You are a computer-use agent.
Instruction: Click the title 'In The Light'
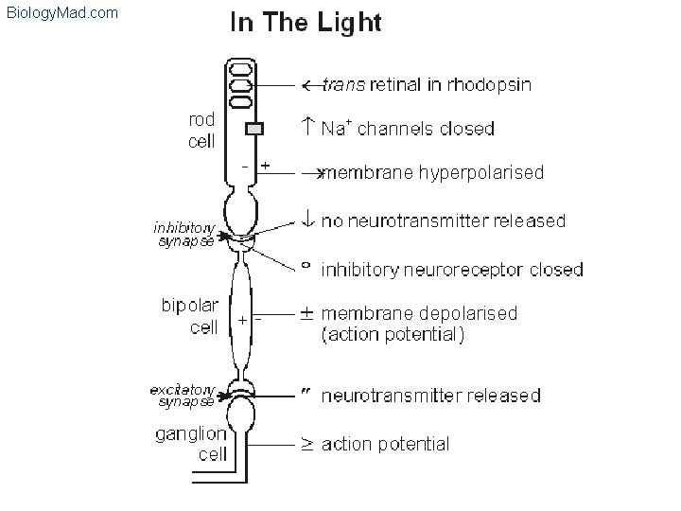point(306,24)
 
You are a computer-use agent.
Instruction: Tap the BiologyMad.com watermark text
point(61,12)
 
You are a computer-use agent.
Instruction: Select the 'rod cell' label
point(201,131)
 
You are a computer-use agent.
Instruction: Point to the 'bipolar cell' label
point(190,316)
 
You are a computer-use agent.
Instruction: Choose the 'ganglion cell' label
point(191,443)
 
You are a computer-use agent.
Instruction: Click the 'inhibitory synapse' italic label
point(184,234)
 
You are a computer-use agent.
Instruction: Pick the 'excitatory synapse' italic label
point(183,395)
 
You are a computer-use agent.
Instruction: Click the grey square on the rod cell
point(253,130)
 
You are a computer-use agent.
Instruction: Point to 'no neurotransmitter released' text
point(444,221)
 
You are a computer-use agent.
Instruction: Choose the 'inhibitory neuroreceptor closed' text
point(452,270)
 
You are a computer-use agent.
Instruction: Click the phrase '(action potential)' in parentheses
point(393,333)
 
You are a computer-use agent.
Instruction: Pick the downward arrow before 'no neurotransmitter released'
point(306,221)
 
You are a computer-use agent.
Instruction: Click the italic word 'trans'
point(339,85)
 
